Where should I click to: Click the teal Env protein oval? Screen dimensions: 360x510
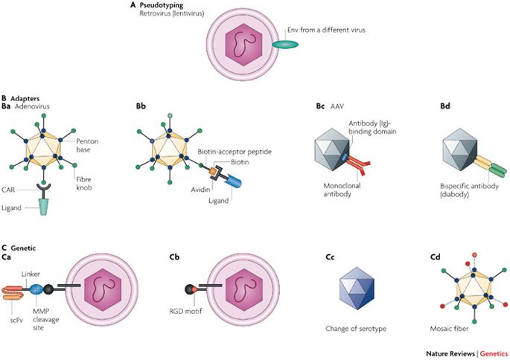coord(284,45)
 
